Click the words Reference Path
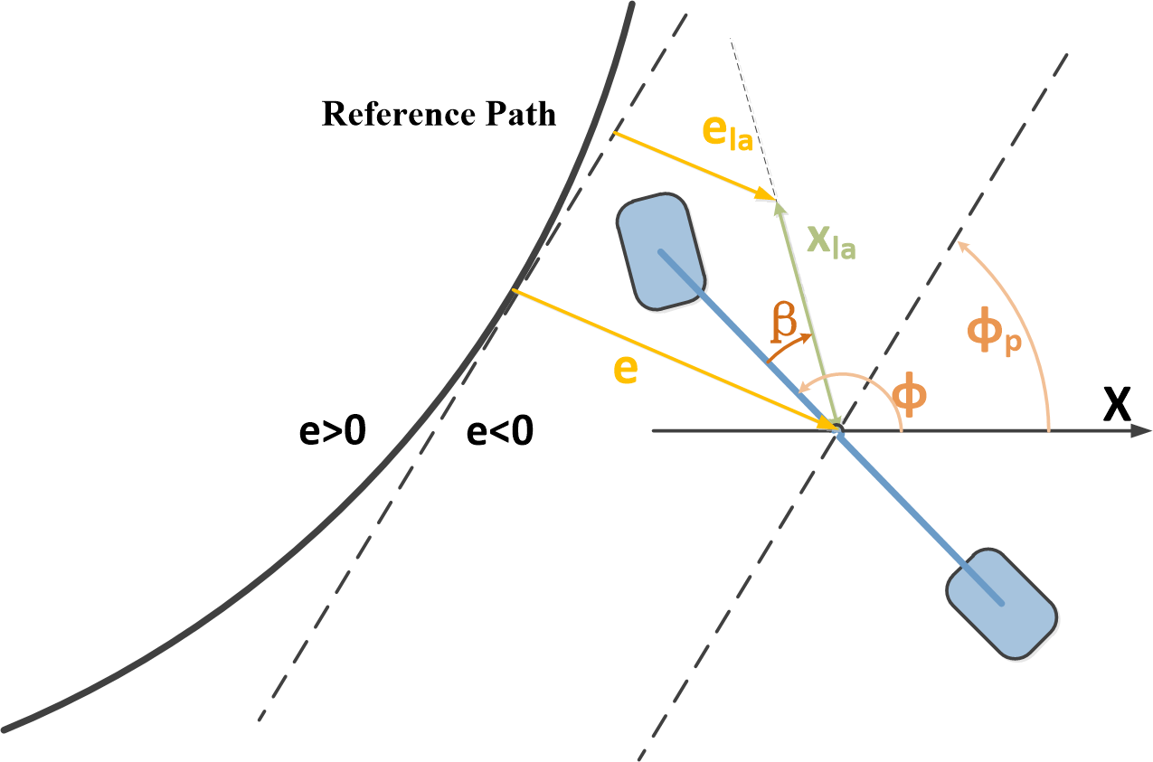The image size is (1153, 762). [439, 115]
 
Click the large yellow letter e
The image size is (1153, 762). [624, 370]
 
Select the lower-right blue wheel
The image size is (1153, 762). [1002, 603]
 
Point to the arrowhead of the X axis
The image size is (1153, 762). [1144, 431]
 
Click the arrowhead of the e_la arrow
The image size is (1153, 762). [770, 196]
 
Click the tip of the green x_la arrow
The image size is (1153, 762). [776, 203]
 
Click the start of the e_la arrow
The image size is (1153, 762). [614, 134]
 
